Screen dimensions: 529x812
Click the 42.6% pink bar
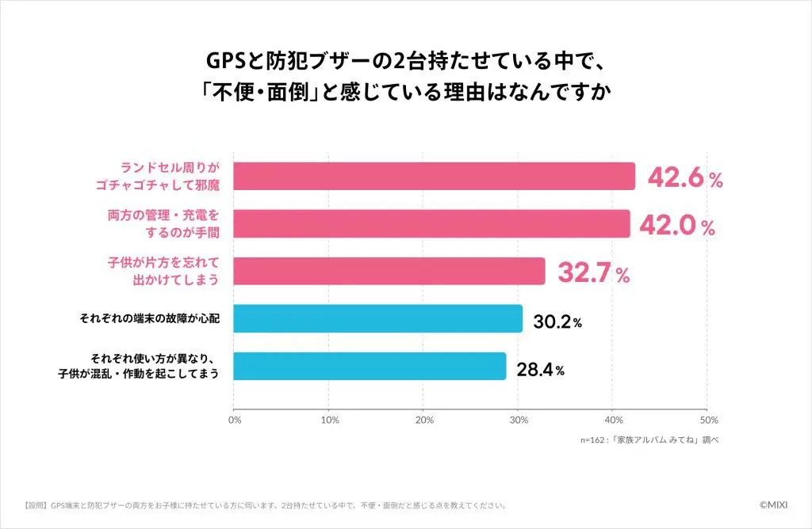[x=435, y=176]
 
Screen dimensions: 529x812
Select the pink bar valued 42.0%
[x=432, y=223]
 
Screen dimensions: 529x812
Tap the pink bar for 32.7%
[x=389, y=271]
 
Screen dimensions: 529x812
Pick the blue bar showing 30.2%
[x=378, y=318]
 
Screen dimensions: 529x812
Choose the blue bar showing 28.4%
[x=370, y=366]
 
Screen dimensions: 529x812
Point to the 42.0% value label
[x=677, y=226]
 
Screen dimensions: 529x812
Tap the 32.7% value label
[x=594, y=274]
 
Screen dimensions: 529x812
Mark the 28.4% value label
[x=541, y=369]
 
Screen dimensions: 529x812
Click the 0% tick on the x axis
[x=235, y=419]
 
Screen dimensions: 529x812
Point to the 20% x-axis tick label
[x=424, y=419]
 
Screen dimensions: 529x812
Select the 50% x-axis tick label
[x=709, y=419]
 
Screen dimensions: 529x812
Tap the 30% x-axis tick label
[x=519, y=419]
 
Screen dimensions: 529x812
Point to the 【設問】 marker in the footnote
[x=36, y=504]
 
